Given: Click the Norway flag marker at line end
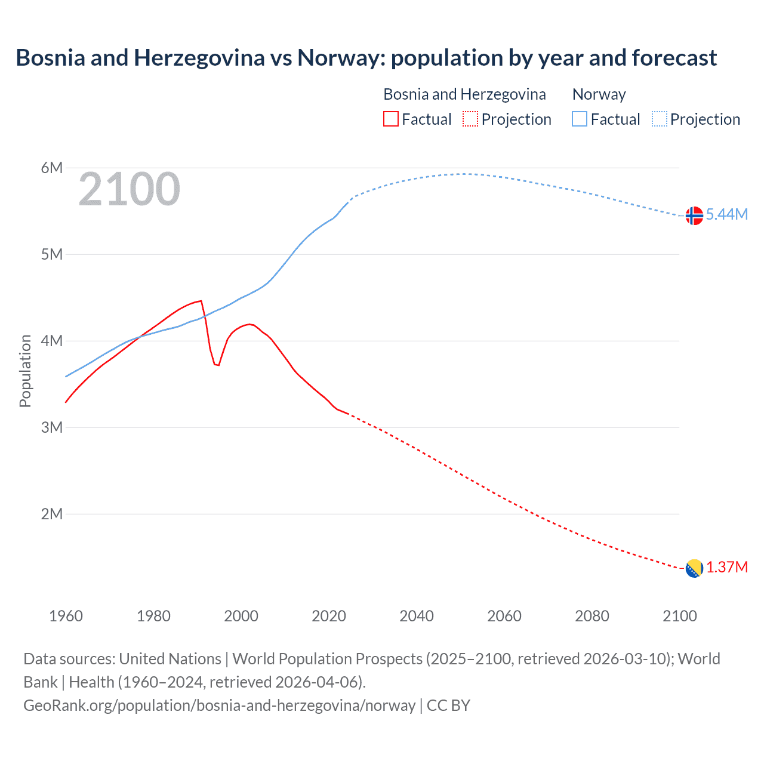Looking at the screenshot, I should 694,215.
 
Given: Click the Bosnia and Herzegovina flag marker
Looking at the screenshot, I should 694,568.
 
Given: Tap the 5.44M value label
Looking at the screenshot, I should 726,214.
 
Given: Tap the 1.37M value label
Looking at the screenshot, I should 726,567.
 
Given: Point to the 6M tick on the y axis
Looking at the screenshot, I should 52,168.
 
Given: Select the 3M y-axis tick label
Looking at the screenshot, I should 52,427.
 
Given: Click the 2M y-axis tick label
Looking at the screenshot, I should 52,514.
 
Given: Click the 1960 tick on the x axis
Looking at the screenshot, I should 66,616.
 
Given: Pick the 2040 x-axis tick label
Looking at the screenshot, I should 417,616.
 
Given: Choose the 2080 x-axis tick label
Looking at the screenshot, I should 592,616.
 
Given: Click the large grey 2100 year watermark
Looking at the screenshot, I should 129,189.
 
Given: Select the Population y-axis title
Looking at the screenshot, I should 25,371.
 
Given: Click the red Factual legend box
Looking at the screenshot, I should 390,119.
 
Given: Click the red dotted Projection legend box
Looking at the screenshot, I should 470,119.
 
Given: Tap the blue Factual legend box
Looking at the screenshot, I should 580,119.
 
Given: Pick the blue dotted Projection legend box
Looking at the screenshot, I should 659,119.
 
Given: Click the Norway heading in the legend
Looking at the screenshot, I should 599,94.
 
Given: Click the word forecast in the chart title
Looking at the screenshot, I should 674,58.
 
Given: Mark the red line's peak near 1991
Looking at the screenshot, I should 201,301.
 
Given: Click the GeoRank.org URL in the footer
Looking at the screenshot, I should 219,706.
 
